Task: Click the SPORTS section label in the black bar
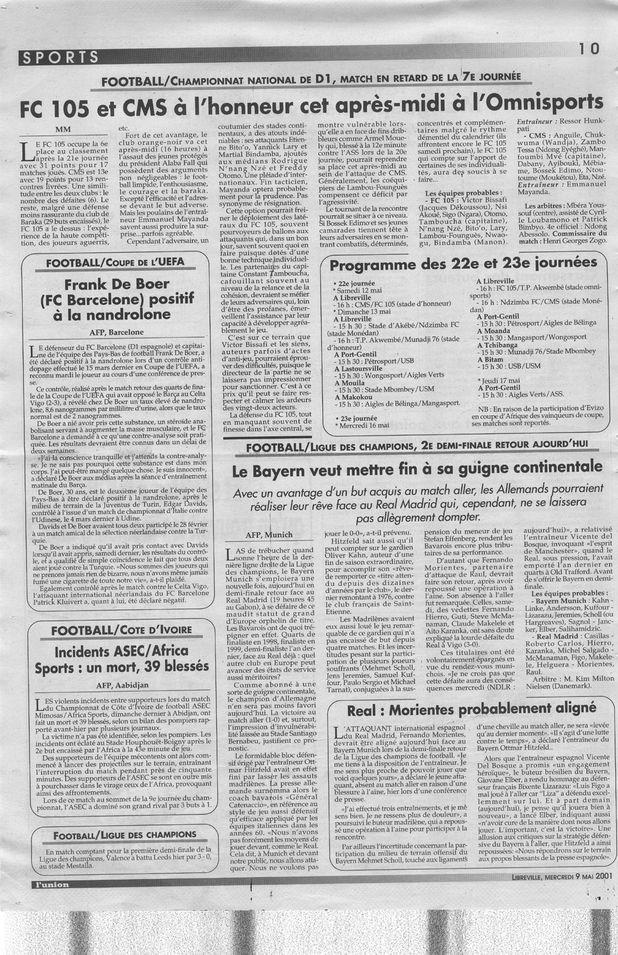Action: (x=59, y=57)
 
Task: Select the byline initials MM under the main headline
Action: (x=62, y=129)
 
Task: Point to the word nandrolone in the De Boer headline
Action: (x=125, y=314)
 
